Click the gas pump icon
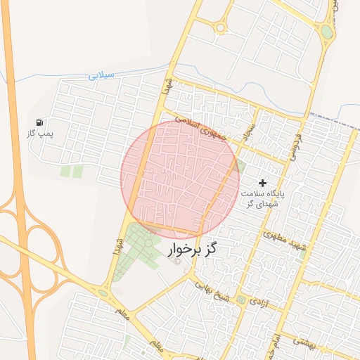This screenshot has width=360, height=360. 39,122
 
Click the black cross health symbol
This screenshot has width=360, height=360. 263,183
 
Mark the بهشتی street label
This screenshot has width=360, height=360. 304,342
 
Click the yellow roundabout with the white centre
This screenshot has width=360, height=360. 220,28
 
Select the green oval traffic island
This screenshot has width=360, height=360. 327,32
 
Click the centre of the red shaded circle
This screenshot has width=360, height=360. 180,179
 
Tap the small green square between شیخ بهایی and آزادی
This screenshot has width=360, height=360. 241,300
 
